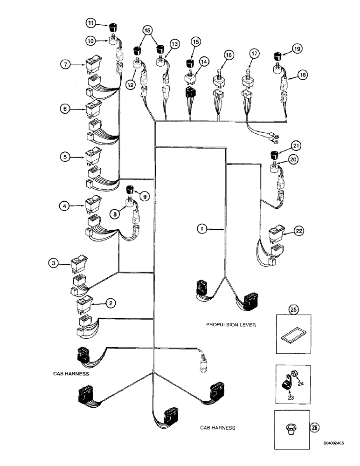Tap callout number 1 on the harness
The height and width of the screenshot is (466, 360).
(201, 229)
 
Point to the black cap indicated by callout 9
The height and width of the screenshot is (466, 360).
(131, 189)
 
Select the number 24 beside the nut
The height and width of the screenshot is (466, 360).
(300, 384)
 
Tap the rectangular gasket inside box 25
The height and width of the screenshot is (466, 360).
(292, 336)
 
